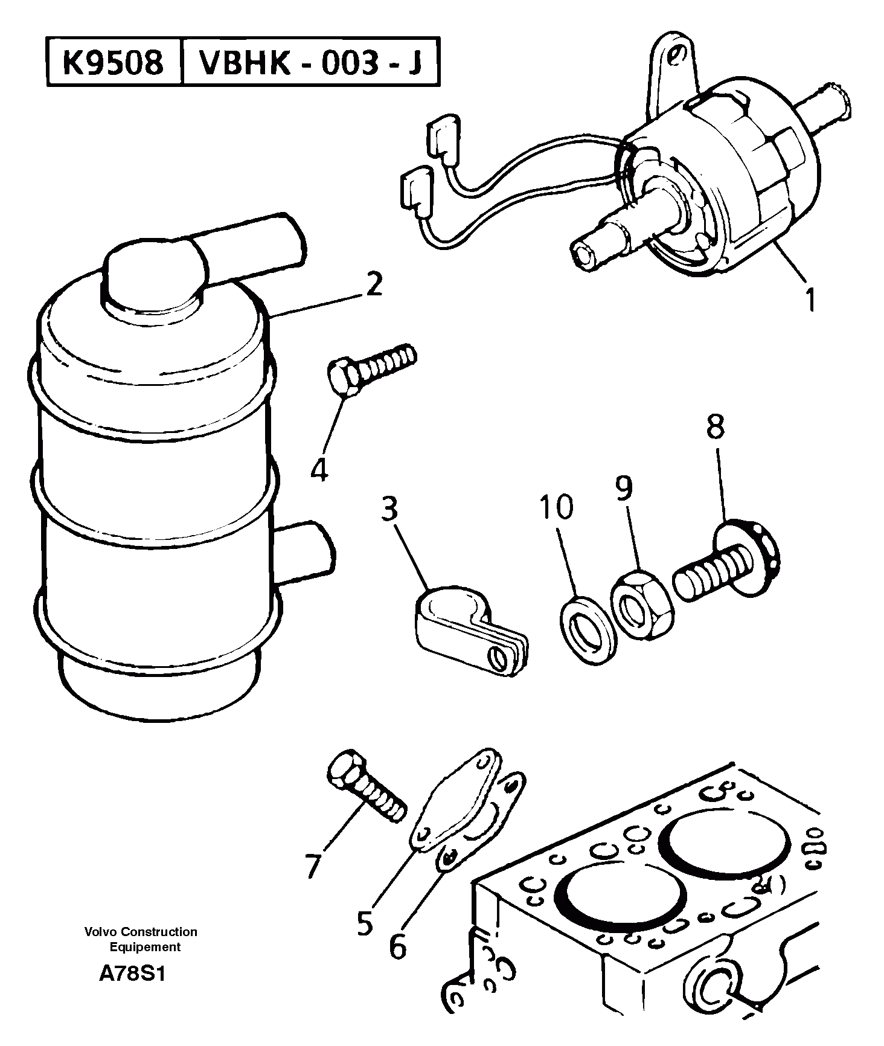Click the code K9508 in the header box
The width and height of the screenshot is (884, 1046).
pyautogui.click(x=114, y=62)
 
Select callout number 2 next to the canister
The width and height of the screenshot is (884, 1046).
pyautogui.click(x=374, y=284)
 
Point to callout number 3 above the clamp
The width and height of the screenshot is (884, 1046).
pyautogui.click(x=389, y=509)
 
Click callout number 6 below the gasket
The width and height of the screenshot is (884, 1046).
pyautogui.click(x=397, y=946)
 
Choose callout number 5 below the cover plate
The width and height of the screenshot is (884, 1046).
pyautogui.click(x=364, y=923)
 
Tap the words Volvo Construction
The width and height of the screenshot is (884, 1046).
pyautogui.click(x=141, y=932)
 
